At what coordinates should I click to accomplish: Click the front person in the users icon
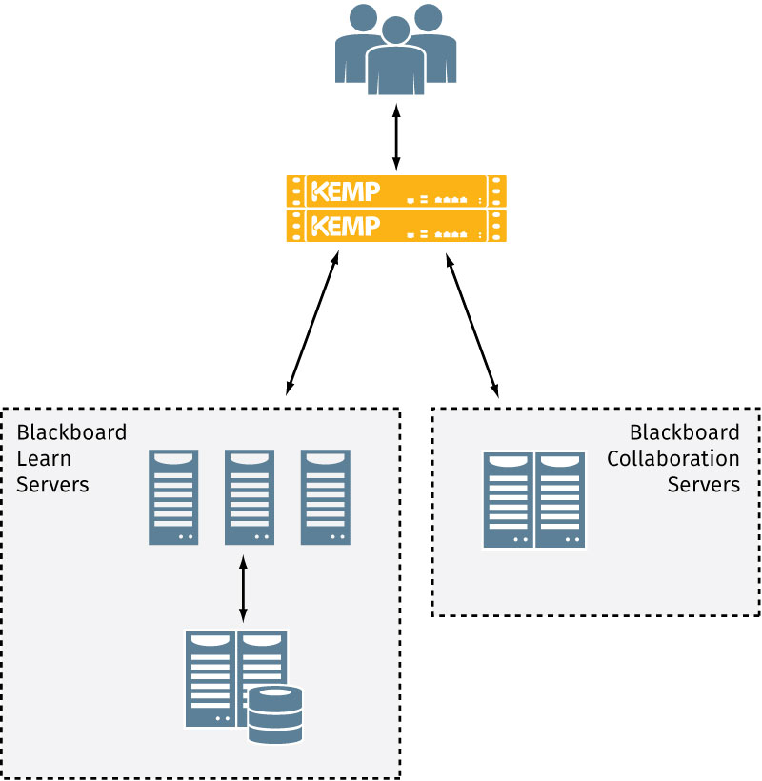coord(395,62)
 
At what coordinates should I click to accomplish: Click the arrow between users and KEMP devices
coord(396,137)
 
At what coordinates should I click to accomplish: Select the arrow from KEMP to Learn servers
coord(311,323)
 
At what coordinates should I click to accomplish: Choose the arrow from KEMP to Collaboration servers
coord(472,323)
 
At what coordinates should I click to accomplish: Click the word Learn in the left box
coord(43,458)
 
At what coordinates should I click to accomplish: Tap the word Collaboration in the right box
coord(672,458)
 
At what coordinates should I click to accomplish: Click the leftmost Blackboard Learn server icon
coord(173,497)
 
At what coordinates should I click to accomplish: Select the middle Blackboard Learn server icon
coord(250,497)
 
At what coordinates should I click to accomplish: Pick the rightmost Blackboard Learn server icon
coord(326,497)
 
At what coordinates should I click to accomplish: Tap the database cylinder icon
coord(274,714)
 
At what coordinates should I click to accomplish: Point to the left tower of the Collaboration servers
coord(508,500)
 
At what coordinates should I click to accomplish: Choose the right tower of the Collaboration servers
coord(560,500)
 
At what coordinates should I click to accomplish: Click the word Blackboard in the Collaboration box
coord(685,432)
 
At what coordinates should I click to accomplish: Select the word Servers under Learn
coord(52,484)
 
